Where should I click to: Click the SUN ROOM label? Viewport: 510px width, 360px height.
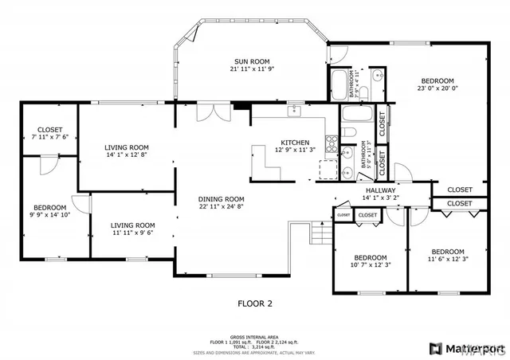click(251, 61)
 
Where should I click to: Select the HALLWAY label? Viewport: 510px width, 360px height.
click(381, 191)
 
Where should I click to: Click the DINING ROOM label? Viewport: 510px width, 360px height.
click(222, 199)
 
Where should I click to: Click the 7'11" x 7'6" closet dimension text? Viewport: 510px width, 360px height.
click(49, 137)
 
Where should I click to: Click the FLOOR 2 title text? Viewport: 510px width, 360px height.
click(255, 303)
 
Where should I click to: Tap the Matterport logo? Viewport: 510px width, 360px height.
click(466, 348)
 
